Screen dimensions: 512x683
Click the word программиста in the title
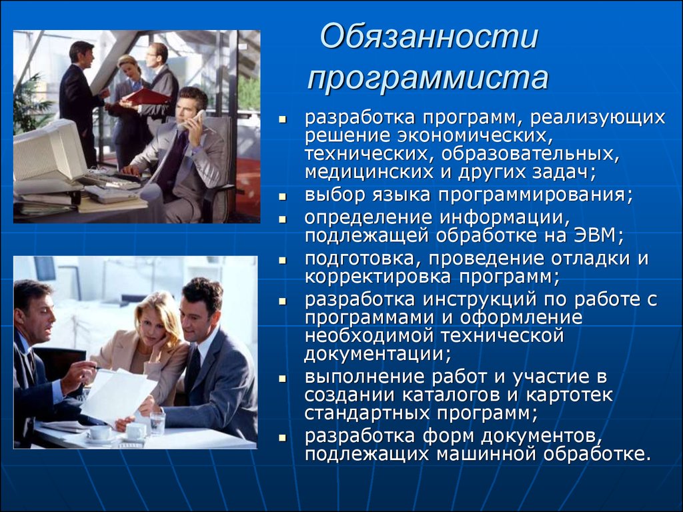[x=428, y=77]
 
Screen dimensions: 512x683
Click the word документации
[x=377, y=353]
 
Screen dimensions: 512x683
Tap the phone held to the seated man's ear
[x=198, y=120]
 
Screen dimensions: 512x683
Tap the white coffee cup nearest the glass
[x=135, y=432]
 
